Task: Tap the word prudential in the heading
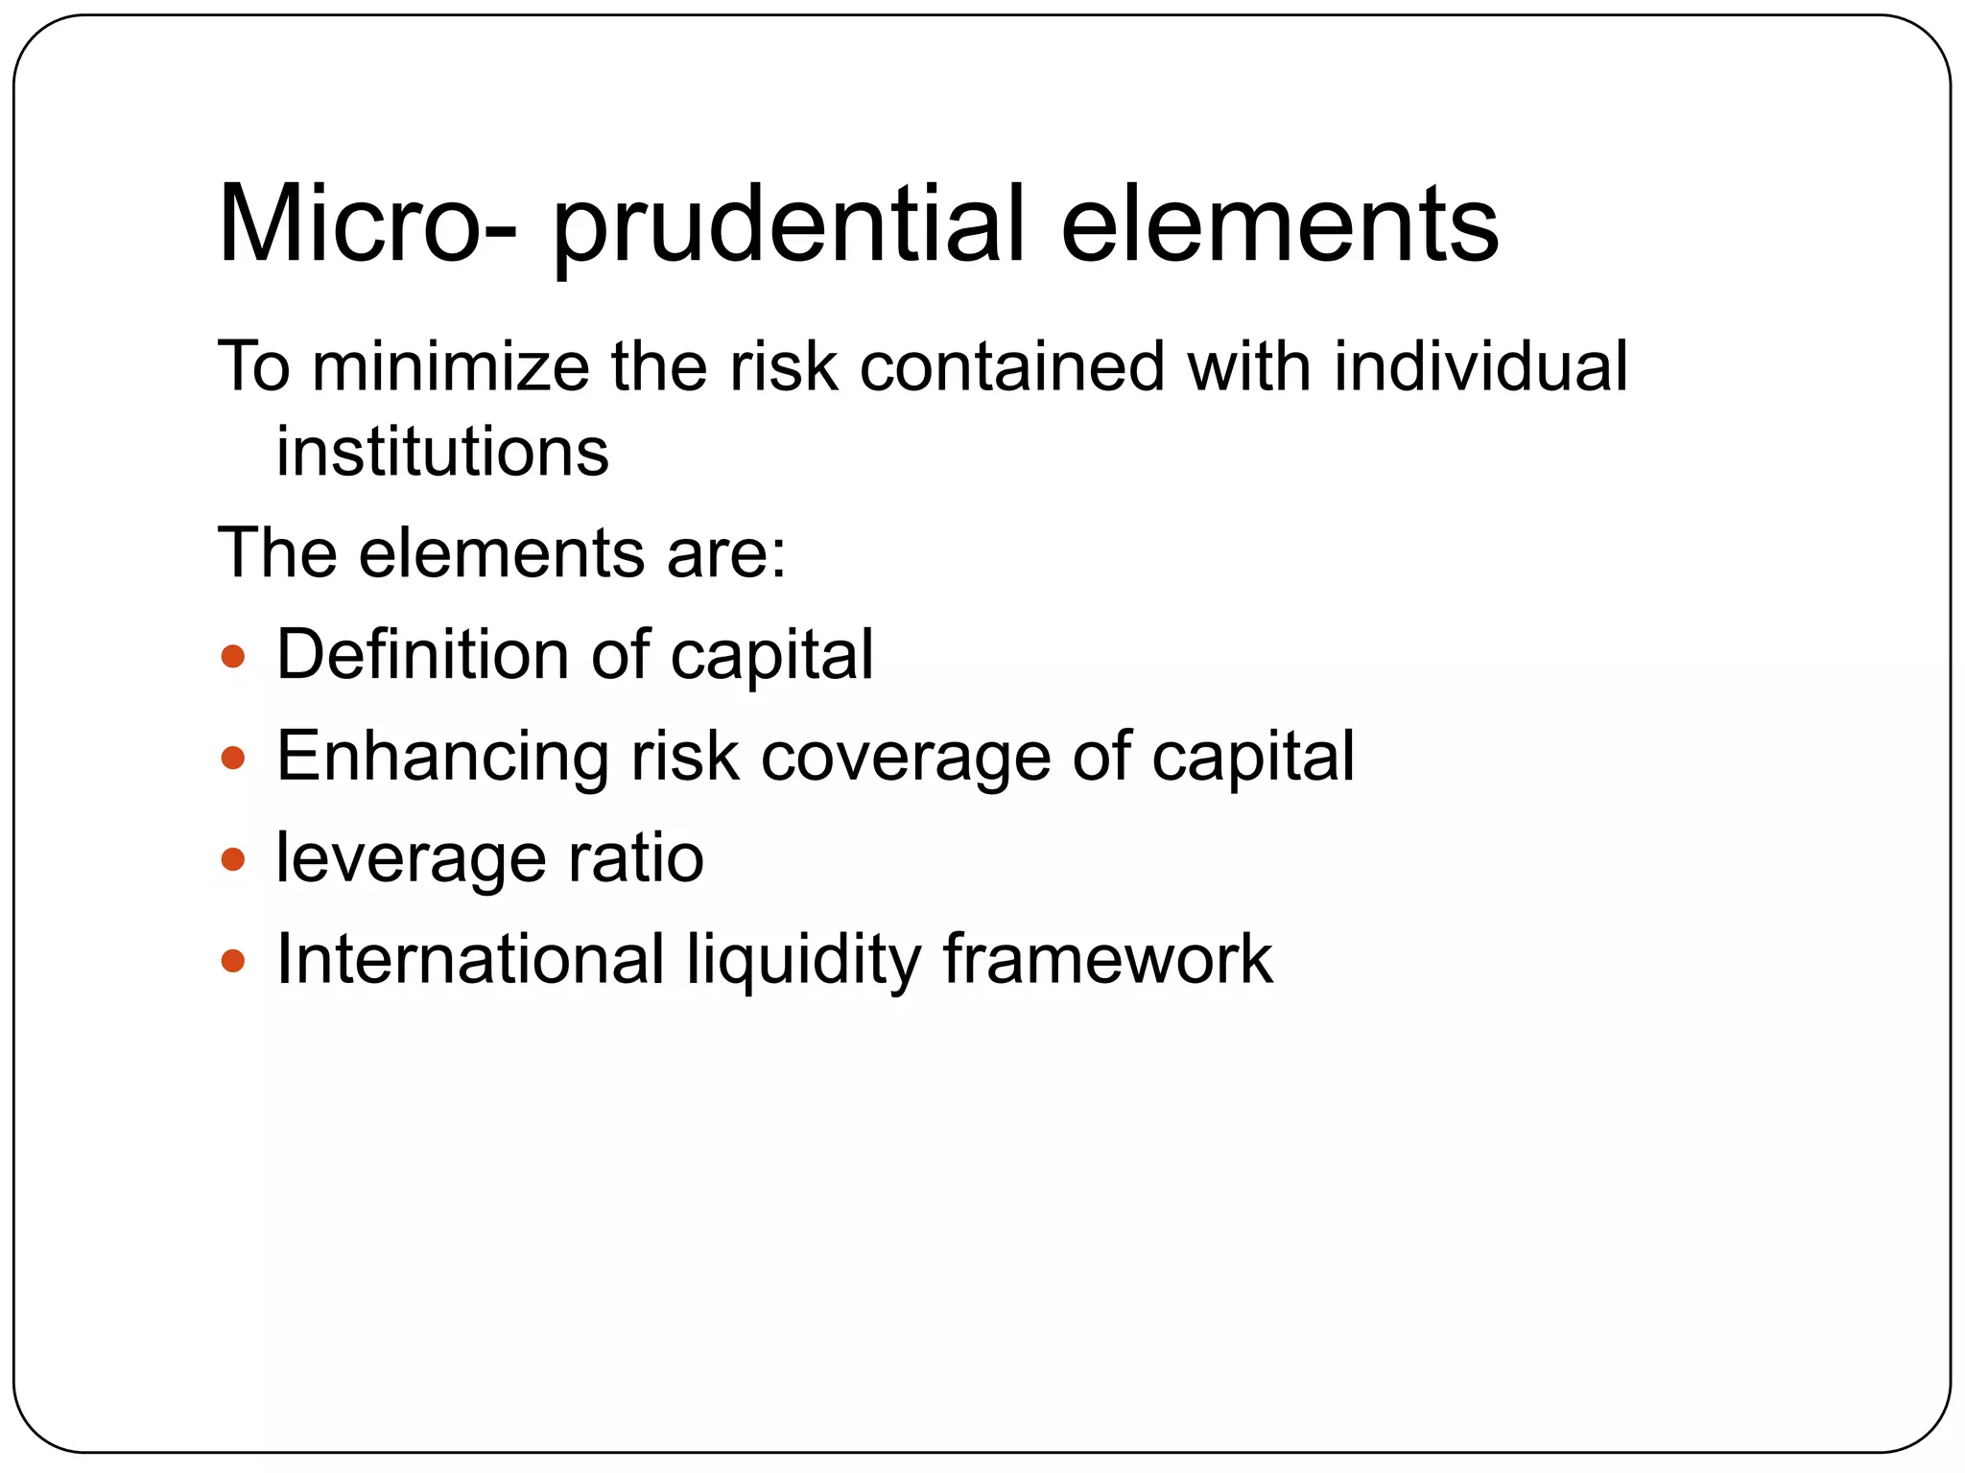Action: (789, 226)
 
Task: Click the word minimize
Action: (450, 366)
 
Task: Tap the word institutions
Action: (442, 452)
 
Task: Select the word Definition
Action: (422, 654)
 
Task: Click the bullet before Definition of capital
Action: (232, 658)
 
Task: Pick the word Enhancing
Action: (441, 758)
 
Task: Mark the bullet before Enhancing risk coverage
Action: (232, 760)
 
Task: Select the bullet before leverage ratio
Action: (232, 859)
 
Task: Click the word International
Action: (470, 958)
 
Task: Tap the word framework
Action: (1107, 958)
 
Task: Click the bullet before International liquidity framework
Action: (232, 960)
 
